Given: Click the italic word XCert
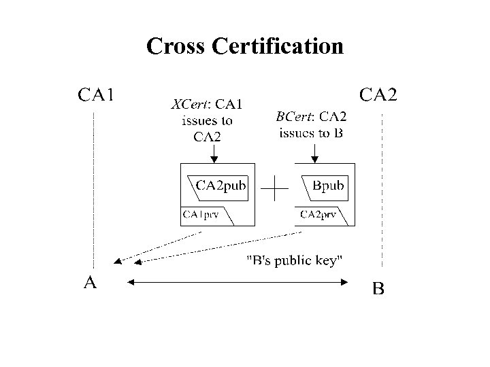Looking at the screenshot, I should (x=190, y=105).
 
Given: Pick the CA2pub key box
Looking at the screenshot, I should (x=220, y=186).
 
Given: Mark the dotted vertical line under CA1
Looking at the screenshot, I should (x=93, y=190).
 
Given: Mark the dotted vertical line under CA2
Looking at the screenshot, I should (x=382, y=190).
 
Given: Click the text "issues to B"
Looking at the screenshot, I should (x=311, y=133).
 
